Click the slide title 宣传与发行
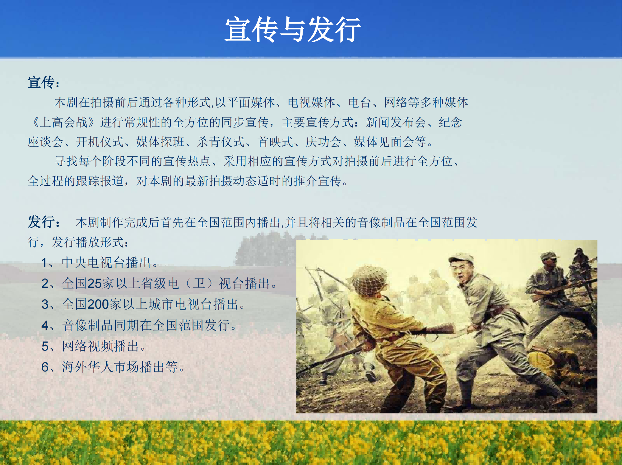coord(293,30)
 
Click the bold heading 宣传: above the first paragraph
coord(44,83)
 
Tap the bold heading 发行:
coord(44,222)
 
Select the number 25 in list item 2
coord(94,283)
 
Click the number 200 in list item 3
coord(98,304)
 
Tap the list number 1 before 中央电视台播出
coord(45,263)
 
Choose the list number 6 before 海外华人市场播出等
coord(45,367)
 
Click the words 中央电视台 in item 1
coord(93,263)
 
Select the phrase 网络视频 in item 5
coord(87,346)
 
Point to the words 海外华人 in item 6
coord(87,367)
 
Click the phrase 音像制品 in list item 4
coord(87,325)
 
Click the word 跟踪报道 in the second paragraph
coord(100,181)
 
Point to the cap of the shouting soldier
coord(461,258)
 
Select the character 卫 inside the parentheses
coord(199,283)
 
